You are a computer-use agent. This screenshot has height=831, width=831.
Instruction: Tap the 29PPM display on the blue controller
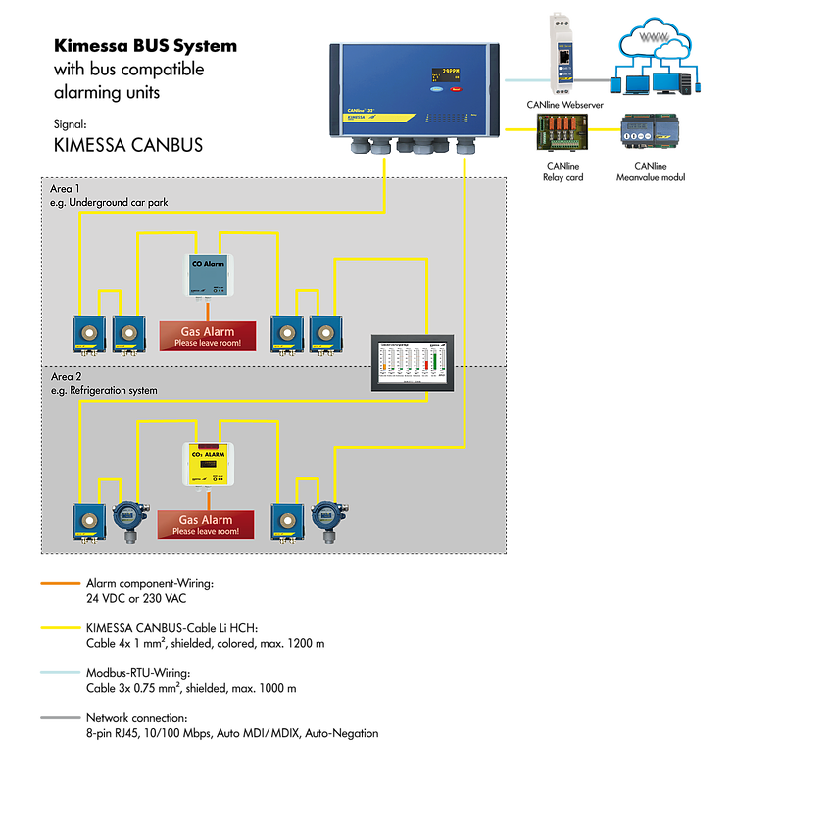click(x=450, y=73)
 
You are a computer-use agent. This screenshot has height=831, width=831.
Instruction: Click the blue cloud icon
click(x=658, y=44)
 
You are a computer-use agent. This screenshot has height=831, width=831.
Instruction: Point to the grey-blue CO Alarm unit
click(x=207, y=273)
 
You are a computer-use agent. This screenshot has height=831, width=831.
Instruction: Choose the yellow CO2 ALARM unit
click(x=207, y=463)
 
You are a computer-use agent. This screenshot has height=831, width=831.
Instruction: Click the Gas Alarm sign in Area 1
click(x=207, y=335)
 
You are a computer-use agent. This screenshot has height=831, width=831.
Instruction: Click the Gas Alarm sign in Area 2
click(x=207, y=523)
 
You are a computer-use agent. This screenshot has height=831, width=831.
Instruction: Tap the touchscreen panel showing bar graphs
click(x=412, y=363)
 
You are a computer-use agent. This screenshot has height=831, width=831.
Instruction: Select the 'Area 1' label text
click(x=66, y=187)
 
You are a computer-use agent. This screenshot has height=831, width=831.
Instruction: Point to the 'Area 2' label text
click(x=66, y=376)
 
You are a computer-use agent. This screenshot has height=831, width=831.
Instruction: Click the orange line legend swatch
click(x=60, y=583)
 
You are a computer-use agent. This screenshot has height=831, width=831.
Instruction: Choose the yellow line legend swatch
click(x=60, y=627)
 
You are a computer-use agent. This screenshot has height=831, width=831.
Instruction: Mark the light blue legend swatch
click(x=60, y=672)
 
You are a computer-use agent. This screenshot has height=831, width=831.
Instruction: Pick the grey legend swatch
click(x=60, y=717)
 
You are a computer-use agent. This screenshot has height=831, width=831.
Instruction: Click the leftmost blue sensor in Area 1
click(x=88, y=332)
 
